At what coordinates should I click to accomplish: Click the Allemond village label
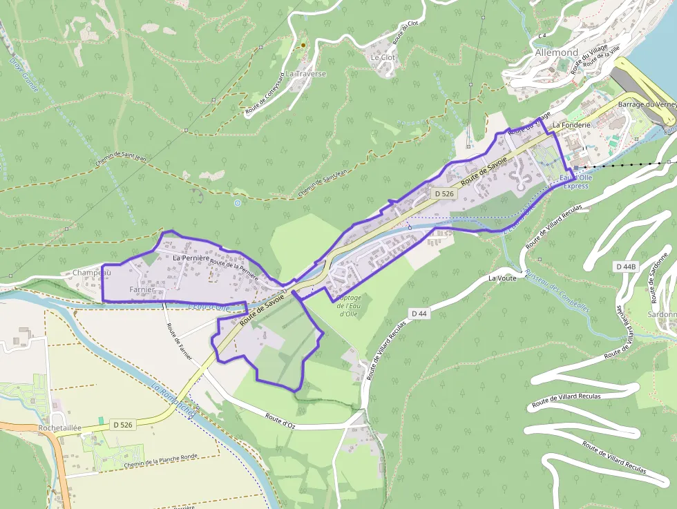coord(556,52)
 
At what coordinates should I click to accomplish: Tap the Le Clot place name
coord(383,57)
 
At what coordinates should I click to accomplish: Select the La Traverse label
coord(306,73)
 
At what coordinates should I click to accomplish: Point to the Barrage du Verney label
coord(647,104)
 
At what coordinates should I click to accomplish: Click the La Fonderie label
coord(571,125)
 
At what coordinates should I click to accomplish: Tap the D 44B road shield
coord(625,267)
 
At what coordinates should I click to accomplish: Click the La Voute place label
coord(502,278)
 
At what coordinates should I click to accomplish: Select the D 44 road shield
coord(419,314)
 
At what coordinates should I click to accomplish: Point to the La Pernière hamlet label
coord(191,258)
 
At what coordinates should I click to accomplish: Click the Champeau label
coord(92,273)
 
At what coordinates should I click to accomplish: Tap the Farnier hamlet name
coord(140,289)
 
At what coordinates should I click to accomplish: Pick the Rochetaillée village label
coord(59,428)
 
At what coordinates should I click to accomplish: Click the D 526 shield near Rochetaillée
coord(122,425)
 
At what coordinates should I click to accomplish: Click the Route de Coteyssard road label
coord(264,93)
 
